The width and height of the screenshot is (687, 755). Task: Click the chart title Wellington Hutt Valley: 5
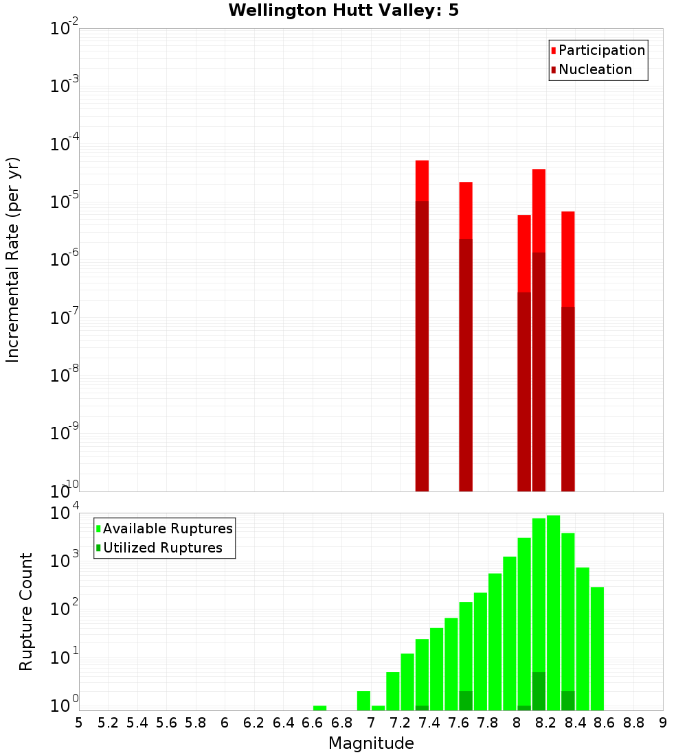click(343, 10)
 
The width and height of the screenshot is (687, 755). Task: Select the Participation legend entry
click(602, 50)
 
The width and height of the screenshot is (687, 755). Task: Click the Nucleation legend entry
click(595, 69)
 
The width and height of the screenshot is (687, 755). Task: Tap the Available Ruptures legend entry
click(168, 528)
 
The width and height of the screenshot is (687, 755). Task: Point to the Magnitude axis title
click(371, 743)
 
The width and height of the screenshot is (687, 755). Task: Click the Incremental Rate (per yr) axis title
click(13, 259)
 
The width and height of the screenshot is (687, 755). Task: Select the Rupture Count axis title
click(26, 611)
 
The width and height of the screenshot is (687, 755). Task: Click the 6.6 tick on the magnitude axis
click(313, 723)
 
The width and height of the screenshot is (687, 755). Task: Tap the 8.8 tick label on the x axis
click(633, 723)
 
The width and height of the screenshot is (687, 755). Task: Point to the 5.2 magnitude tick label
click(109, 723)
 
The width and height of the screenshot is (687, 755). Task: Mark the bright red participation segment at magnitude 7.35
click(422, 181)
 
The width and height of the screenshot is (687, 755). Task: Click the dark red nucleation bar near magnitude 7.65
click(465, 364)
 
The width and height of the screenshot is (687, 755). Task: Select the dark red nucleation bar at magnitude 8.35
click(567, 398)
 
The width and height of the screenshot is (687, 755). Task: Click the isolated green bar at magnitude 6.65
click(319, 708)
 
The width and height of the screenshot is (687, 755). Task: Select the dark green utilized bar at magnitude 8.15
click(539, 691)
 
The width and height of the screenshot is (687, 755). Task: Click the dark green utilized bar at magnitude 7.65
click(465, 701)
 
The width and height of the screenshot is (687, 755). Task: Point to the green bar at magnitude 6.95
click(363, 701)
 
